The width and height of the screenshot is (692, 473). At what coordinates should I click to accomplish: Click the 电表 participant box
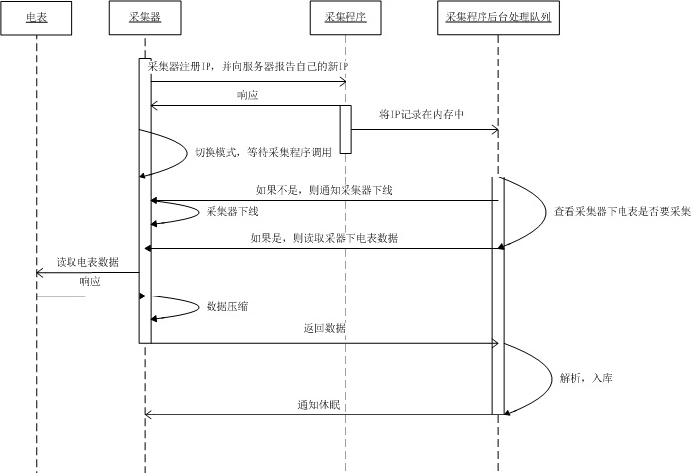tap(35, 18)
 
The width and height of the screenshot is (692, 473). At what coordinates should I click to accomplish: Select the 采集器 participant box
tap(146, 18)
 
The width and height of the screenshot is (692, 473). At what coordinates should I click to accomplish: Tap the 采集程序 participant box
tap(345, 18)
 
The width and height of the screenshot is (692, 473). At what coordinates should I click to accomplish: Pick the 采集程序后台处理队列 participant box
tap(498, 18)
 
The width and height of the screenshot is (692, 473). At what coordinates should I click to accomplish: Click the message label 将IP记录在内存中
tap(422, 115)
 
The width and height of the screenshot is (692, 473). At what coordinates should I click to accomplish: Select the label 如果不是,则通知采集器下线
tap(324, 190)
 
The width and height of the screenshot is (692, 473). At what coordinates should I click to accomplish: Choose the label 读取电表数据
tap(87, 262)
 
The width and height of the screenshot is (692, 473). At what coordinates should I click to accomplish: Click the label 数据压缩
tap(228, 307)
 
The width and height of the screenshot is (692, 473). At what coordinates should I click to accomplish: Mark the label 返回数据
tap(326, 328)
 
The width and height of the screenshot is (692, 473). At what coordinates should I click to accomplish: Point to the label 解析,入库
tap(592, 378)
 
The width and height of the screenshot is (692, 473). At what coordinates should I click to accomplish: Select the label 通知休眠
tap(319, 404)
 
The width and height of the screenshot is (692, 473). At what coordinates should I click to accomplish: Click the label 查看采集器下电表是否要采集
tap(623, 212)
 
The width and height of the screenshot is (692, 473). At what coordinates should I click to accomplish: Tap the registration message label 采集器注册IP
tap(248, 66)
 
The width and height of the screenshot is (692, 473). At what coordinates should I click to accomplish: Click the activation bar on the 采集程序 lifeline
tap(346, 129)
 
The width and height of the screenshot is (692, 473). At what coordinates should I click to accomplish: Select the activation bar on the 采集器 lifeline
tap(145, 198)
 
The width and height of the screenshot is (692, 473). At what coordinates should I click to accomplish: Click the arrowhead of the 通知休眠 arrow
tap(148, 414)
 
